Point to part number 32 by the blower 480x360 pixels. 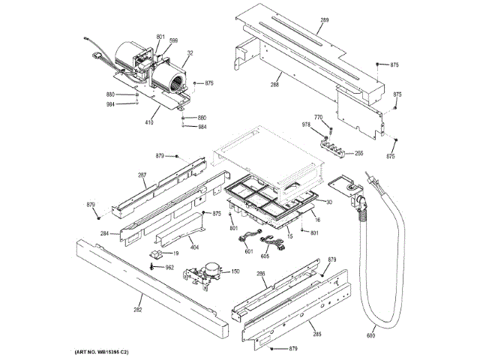pyautogui.click(x=190, y=54)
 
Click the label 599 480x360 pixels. pyautogui.click(x=173, y=40)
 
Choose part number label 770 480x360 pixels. pyautogui.click(x=318, y=117)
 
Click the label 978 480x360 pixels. pyautogui.click(x=306, y=124)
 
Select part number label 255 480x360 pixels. pyautogui.click(x=358, y=154)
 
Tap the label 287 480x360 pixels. pyautogui.click(x=142, y=175)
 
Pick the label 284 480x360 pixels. pyautogui.click(x=105, y=234)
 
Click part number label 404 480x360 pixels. pyautogui.click(x=193, y=247)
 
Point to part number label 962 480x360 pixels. pyautogui.click(x=169, y=267)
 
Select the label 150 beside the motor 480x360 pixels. pyautogui.click(x=235, y=271)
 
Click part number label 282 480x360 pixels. pyautogui.click(x=138, y=308)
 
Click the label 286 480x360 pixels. pyautogui.click(x=261, y=274)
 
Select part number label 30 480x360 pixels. pyautogui.click(x=328, y=202)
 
